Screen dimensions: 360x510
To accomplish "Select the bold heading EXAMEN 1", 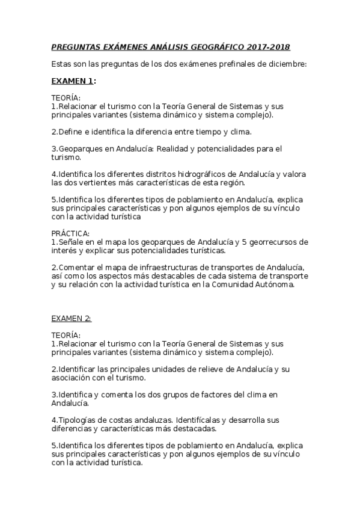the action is (72, 80).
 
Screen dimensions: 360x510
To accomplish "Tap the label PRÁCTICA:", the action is (70, 233).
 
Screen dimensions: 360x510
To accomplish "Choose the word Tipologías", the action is (77, 419).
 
